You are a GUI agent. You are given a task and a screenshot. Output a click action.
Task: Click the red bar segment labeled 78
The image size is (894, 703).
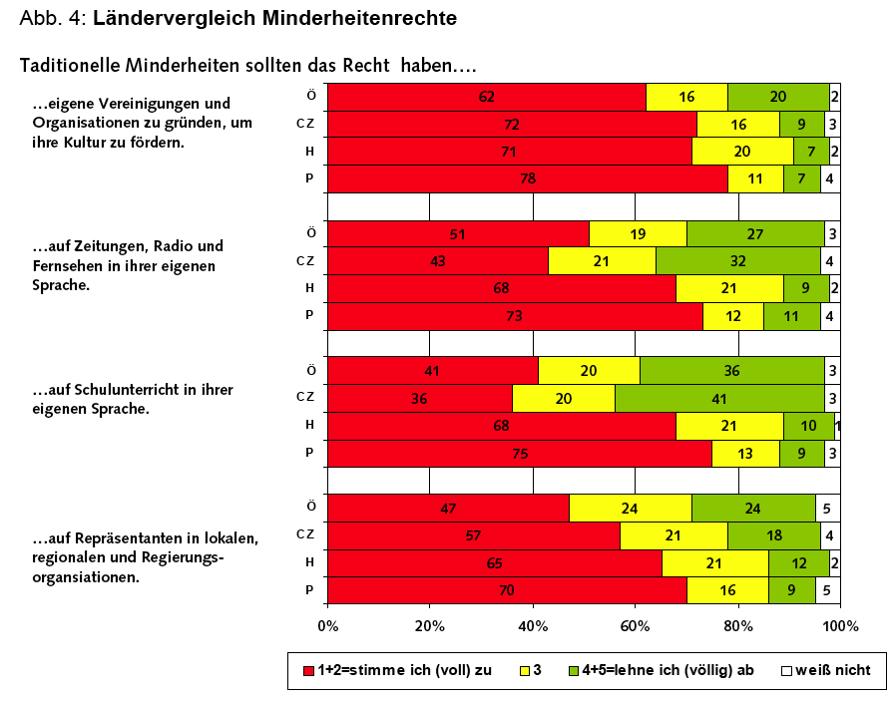[527, 178]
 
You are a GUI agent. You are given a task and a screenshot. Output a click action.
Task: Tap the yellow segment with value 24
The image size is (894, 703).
[630, 508]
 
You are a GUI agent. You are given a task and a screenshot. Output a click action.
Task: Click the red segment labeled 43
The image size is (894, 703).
[438, 261]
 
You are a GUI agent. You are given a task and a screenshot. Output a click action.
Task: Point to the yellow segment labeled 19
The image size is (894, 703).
[638, 233]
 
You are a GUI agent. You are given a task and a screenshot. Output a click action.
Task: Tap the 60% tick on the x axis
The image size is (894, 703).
[635, 626]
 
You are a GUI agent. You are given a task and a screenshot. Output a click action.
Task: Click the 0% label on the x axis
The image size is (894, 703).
[328, 626]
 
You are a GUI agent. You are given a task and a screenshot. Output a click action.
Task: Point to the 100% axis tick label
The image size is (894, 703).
[840, 626]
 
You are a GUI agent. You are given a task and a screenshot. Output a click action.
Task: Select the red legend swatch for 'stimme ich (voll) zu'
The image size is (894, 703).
[308, 671]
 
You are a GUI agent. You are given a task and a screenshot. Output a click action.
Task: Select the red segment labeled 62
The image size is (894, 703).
[487, 97]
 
